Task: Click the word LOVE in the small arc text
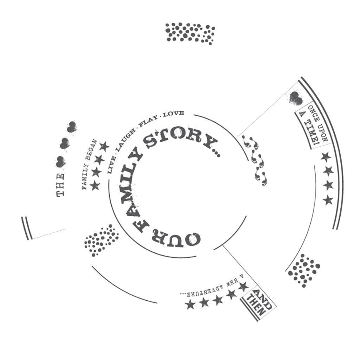(174, 114)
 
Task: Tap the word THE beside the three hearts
(60, 185)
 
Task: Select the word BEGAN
(92, 149)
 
